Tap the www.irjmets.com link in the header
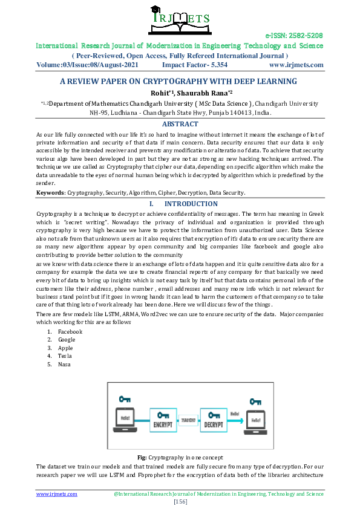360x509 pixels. point(296,65)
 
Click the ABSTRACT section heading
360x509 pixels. point(180,124)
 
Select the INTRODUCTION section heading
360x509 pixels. point(191,204)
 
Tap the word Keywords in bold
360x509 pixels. point(50,193)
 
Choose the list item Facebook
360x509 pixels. point(70,332)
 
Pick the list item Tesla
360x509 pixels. point(65,356)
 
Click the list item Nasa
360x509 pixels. point(64,365)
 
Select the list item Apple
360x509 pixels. point(65,348)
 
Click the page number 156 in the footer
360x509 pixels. point(180,502)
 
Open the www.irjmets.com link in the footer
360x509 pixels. point(57,494)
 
